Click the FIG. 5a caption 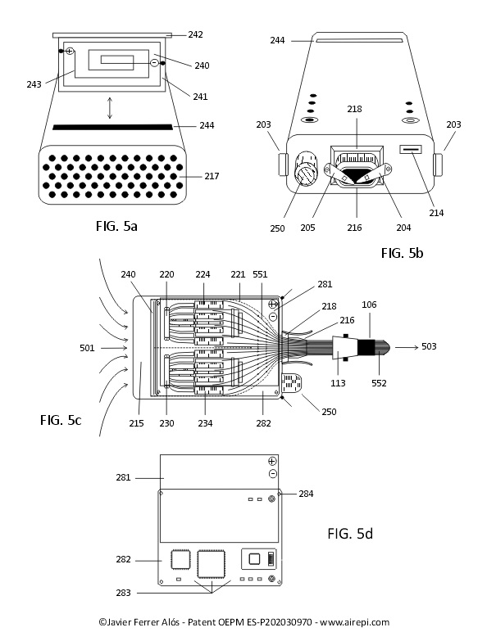click(x=116, y=226)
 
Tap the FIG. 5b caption click(x=403, y=253)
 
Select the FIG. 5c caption click(x=61, y=420)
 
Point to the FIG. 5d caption click(x=350, y=534)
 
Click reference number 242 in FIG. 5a click(x=195, y=34)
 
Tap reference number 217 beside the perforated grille click(x=212, y=176)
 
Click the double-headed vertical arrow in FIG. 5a click(x=109, y=107)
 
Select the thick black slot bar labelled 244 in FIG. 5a click(x=112, y=128)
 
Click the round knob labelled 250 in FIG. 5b click(x=306, y=169)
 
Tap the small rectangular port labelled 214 click(x=411, y=150)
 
